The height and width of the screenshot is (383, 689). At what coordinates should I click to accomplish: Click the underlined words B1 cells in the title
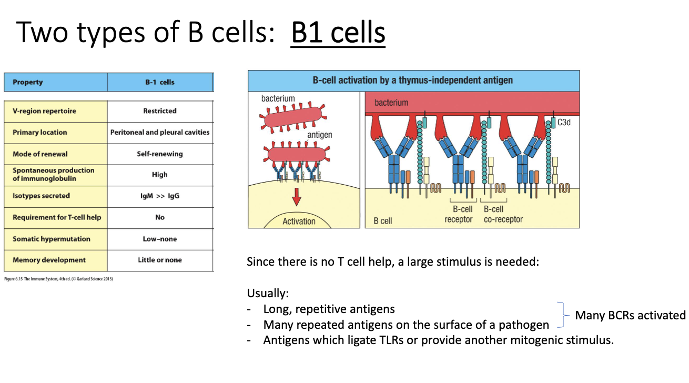coord(338,33)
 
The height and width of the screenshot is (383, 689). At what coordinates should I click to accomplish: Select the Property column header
coord(28,82)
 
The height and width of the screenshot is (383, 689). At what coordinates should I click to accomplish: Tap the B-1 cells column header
coord(160,82)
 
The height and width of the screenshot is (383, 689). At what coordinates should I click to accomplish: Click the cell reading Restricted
coord(160,111)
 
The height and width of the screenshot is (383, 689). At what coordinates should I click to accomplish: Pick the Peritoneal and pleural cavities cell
coord(160,132)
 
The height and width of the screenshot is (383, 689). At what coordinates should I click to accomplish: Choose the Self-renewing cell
coord(160,154)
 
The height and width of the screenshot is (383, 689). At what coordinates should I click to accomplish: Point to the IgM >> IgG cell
coord(160,196)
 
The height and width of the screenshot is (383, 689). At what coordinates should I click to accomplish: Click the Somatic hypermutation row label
coord(52,239)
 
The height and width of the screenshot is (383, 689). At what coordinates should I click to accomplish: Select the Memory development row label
coord(49,260)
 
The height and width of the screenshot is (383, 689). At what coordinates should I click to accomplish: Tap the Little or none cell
coord(160,260)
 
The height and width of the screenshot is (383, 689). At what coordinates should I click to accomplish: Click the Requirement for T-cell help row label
coord(57,217)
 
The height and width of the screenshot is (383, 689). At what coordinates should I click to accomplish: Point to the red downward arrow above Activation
coord(297,197)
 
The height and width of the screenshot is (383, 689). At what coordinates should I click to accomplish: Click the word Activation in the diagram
coord(299,221)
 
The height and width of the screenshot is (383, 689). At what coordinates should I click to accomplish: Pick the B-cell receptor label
coord(459,214)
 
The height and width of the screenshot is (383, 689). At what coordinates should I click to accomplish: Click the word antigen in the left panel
coord(320,135)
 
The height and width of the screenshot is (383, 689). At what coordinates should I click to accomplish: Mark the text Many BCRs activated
coord(630,315)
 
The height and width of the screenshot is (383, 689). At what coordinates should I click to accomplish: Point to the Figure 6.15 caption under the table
coord(58,279)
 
